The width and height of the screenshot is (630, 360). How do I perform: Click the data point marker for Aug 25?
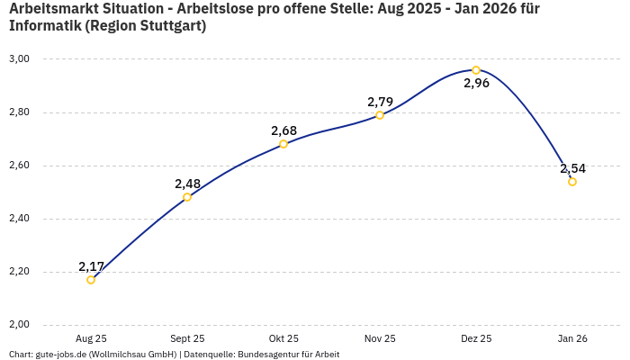pyautogui.click(x=91, y=280)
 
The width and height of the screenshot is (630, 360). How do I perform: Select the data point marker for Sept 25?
pyautogui.click(x=187, y=197)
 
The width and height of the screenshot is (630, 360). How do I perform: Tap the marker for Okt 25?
pyautogui.click(x=283, y=144)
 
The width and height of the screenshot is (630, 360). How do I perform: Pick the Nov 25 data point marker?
pyautogui.click(x=380, y=115)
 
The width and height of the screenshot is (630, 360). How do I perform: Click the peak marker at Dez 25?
pyautogui.click(x=476, y=70)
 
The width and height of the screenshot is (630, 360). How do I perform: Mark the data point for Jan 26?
pyautogui.click(x=572, y=182)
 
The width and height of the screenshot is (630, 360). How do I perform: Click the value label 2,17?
pyautogui.click(x=91, y=266)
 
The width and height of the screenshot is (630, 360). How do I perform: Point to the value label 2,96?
pyautogui.click(x=476, y=84)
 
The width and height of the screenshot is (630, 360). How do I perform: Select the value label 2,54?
pyautogui.click(x=572, y=168)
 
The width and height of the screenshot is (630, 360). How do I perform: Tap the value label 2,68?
pyautogui.click(x=283, y=130)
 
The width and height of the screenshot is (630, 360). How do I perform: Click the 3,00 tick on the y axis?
pyautogui.click(x=19, y=59)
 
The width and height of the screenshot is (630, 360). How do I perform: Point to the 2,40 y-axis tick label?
pyautogui.click(x=19, y=219)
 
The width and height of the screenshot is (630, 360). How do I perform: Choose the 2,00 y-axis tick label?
pyautogui.click(x=19, y=325)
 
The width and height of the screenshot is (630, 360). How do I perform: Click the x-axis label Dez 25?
pyautogui.click(x=476, y=338)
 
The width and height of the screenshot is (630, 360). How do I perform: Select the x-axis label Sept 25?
pyautogui.click(x=187, y=338)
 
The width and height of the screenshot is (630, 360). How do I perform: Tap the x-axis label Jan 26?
pyautogui.click(x=572, y=338)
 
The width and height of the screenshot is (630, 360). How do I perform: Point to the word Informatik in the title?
pyautogui.click(x=45, y=26)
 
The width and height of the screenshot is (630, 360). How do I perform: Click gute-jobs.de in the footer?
pyautogui.click(x=63, y=355)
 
